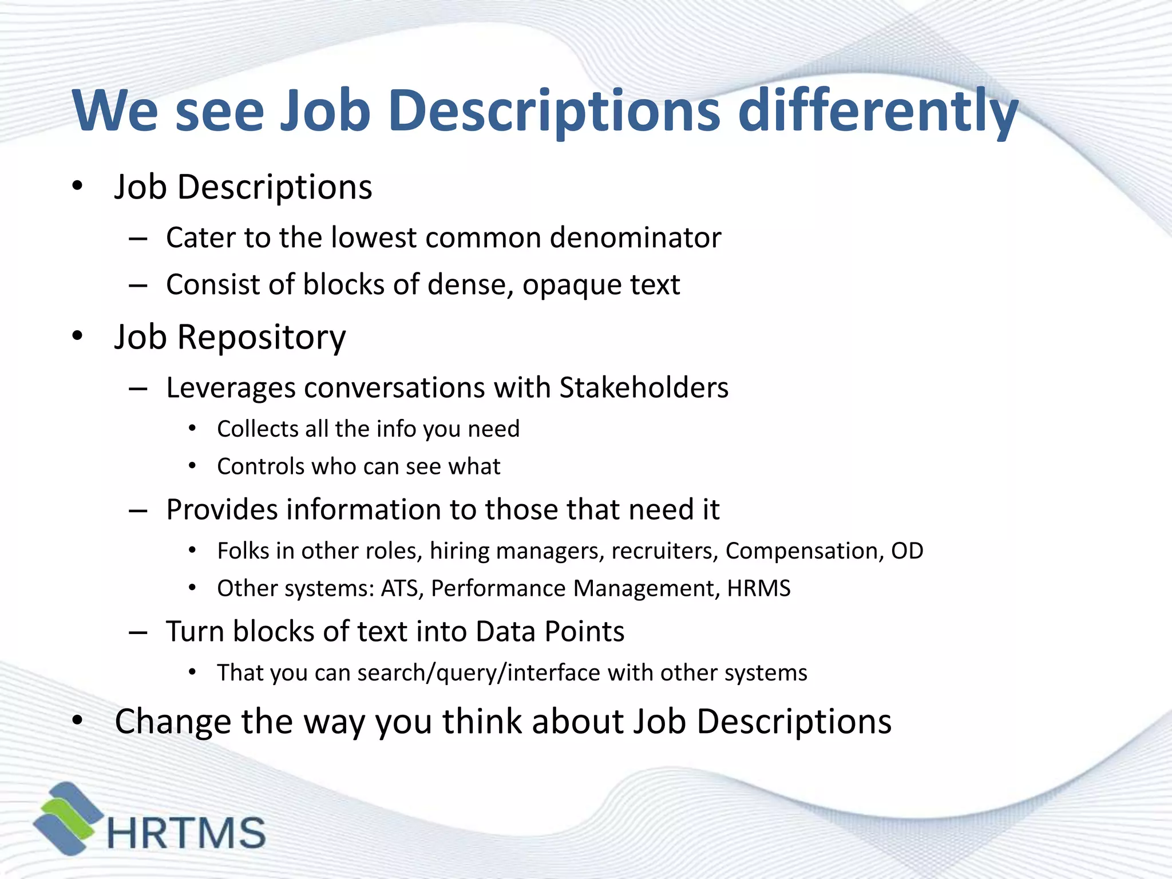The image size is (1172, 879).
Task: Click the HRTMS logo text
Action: pos(187,833)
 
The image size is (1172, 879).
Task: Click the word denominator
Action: pos(635,237)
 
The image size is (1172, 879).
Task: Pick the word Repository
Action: pos(262,337)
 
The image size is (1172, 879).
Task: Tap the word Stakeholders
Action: pos(644,387)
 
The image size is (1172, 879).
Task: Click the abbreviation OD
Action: pos(907,551)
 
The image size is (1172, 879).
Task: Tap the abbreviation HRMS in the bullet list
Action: pos(759,588)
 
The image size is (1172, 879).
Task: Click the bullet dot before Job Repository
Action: pos(78,336)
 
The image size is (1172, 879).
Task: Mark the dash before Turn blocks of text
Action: pos(138,632)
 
